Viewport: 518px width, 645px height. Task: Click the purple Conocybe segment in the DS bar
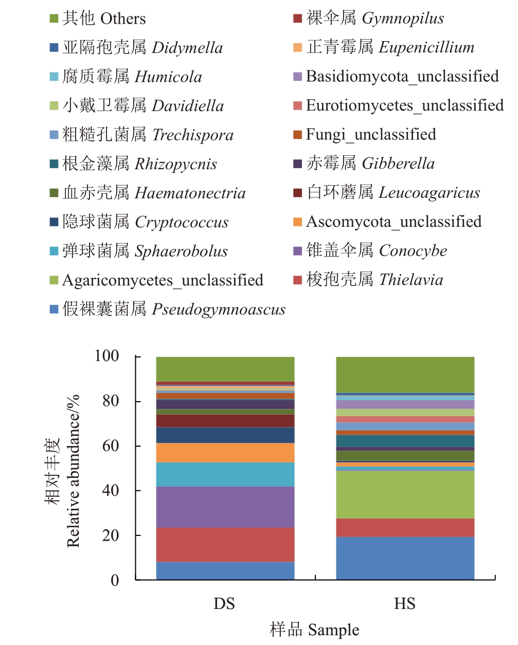(x=225, y=507)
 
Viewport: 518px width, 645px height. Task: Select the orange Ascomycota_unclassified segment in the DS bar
(x=225, y=453)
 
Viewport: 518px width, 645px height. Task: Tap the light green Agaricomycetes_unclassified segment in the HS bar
(x=405, y=494)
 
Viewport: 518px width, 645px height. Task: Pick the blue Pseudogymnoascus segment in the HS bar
(x=405, y=558)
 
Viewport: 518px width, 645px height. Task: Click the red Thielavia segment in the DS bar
(x=225, y=544)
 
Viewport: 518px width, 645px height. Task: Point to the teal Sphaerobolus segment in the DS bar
(x=225, y=474)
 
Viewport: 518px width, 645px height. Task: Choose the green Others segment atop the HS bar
(x=405, y=374)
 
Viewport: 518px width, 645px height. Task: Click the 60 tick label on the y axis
(x=111, y=445)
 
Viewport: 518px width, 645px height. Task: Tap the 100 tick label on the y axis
(x=106, y=356)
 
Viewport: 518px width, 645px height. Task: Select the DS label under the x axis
(x=224, y=603)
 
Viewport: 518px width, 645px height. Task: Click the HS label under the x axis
(x=405, y=603)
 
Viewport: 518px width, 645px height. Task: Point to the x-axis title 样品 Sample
(x=314, y=630)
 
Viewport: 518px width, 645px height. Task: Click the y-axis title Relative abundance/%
(x=74, y=471)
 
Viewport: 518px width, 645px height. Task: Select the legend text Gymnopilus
(x=402, y=19)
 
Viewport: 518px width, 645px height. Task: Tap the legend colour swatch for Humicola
(x=54, y=77)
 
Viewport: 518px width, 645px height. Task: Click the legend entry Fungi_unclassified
(x=370, y=135)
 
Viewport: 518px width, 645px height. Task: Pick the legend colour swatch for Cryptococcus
(x=54, y=222)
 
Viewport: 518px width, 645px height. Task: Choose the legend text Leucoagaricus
(x=429, y=193)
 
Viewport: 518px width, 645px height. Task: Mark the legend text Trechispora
(x=193, y=135)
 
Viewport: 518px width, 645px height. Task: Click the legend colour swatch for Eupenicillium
(x=297, y=48)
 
